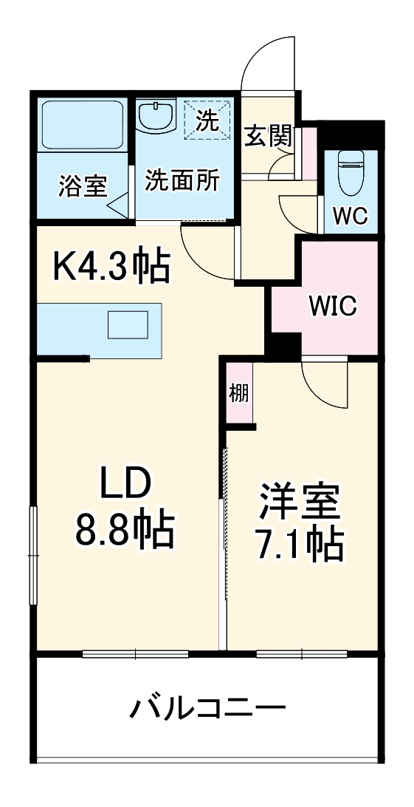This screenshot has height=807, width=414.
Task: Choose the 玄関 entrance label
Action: coord(269,137)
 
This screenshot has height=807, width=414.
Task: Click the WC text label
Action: coord(350,216)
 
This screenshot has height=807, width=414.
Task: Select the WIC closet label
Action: coord(332,304)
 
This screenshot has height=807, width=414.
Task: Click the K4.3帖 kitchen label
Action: coord(111,267)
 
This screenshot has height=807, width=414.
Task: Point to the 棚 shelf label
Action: coord(238,392)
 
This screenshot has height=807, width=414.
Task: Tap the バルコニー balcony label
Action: coord(207,709)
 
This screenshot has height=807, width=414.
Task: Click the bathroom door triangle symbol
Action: coord(118,202)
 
